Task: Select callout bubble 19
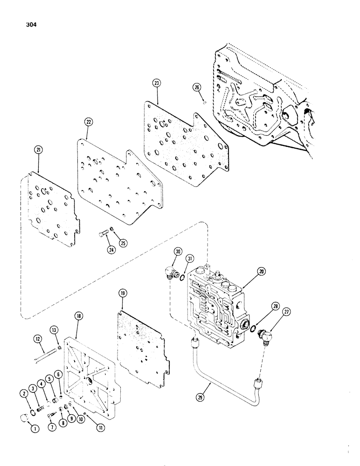(122, 295)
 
